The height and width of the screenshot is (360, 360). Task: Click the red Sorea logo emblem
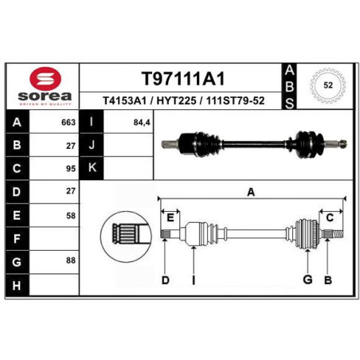point(45,79)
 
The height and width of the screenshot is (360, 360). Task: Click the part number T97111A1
point(183,79)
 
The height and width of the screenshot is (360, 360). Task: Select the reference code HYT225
point(176,101)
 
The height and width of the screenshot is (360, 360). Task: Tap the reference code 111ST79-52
point(235,101)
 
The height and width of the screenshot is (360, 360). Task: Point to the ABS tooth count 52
point(328,85)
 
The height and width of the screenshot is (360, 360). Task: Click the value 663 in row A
point(68,123)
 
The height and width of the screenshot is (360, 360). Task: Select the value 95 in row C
point(71,169)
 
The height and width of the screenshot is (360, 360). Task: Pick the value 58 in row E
point(71,216)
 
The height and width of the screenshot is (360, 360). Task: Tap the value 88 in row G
point(71,260)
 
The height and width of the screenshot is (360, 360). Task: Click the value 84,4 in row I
point(142,123)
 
